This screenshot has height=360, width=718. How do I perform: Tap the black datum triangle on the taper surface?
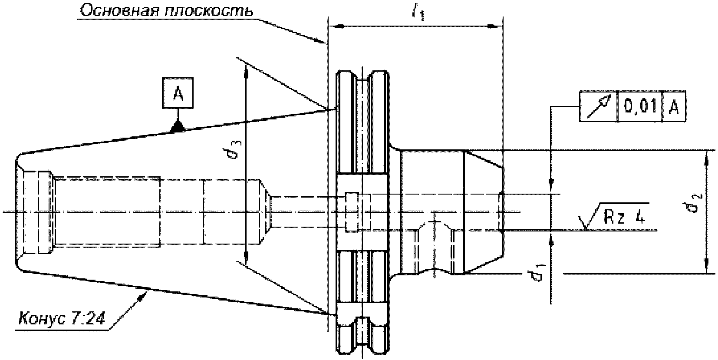[x=177, y=126]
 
